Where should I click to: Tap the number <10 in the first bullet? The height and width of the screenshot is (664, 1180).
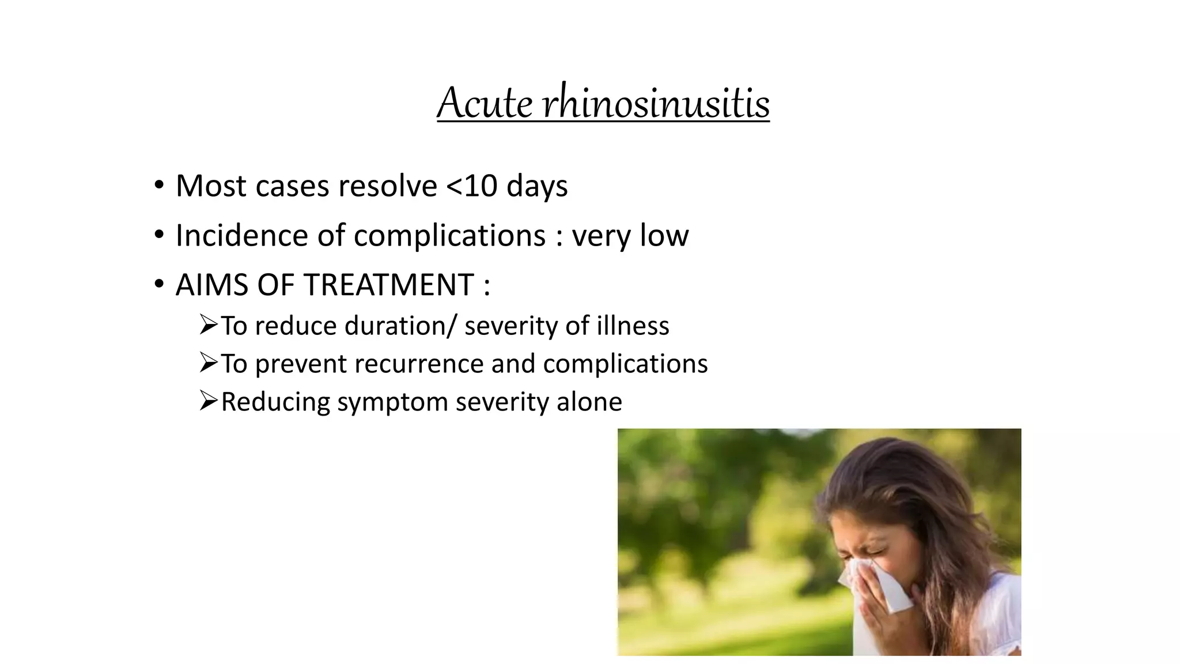(472, 186)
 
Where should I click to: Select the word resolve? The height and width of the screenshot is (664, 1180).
(388, 186)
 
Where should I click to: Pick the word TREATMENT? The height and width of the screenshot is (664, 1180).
(389, 285)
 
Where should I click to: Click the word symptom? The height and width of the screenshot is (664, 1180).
(392, 402)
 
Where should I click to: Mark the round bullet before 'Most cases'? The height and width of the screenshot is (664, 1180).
(158, 186)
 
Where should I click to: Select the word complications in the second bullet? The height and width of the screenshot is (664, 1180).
(449, 235)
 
